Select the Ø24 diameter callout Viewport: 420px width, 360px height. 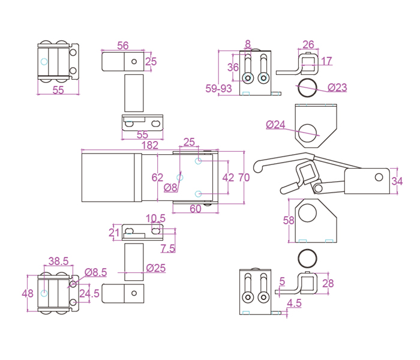point(276,124)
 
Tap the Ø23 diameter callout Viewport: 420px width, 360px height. point(337,88)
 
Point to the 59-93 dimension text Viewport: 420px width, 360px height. point(219,89)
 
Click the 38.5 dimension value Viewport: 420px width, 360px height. point(58,261)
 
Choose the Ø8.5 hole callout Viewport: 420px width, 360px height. point(96,272)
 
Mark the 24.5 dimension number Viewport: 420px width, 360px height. point(89,293)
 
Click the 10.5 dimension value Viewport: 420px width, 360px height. point(155,218)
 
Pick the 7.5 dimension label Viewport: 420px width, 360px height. point(168,248)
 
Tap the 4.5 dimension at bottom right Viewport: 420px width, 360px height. point(294,304)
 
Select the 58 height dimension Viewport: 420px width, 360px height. point(289,220)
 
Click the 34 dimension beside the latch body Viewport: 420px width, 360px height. point(397,182)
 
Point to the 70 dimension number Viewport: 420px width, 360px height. point(244,177)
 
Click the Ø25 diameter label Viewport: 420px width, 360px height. point(155,268)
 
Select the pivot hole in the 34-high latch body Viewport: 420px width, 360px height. point(378,176)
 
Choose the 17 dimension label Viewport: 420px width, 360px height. point(326,61)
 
